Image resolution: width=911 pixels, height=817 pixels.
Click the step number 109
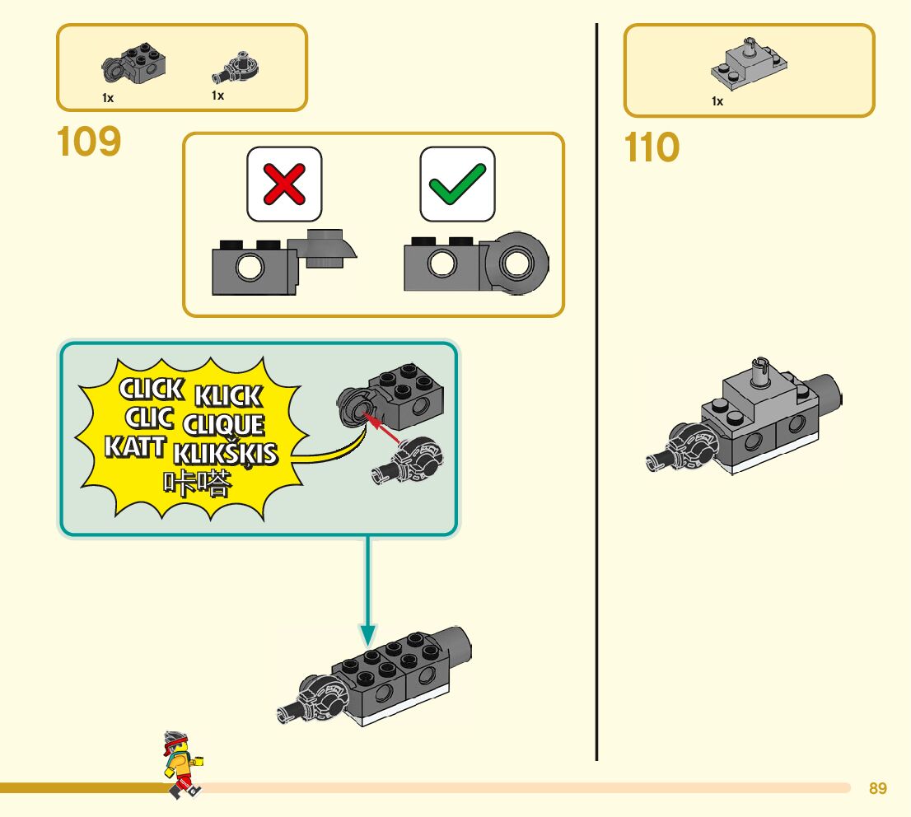(x=89, y=142)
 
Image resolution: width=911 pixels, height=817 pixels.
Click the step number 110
(x=652, y=148)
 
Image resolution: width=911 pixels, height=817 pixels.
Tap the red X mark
(x=284, y=184)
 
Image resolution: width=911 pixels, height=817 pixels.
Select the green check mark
(x=457, y=184)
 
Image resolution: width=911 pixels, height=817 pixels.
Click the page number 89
(x=878, y=789)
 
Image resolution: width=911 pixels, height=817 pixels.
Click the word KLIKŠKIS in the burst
(x=226, y=454)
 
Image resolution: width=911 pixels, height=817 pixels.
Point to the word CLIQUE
(x=224, y=425)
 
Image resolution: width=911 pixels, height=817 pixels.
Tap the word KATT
(x=135, y=447)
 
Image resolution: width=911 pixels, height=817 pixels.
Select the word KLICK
(x=228, y=396)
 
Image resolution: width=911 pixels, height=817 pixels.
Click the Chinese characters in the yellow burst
(x=196, y=484)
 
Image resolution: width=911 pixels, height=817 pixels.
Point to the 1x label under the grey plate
(x=717, y=101)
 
